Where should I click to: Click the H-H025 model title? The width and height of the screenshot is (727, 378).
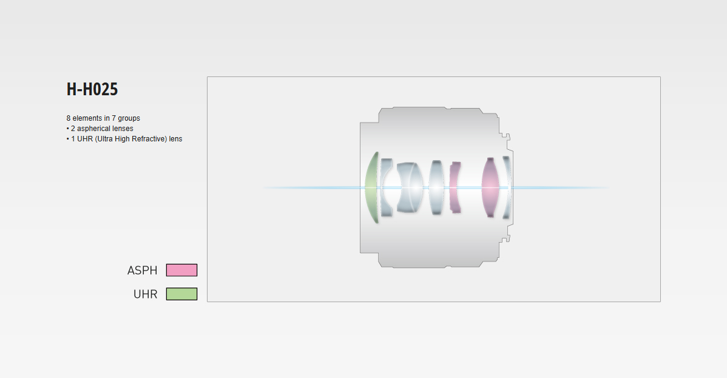point(92,89)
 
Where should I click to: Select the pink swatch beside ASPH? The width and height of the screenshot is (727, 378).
point(182,270)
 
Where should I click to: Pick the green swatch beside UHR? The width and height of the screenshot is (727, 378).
point(182,294)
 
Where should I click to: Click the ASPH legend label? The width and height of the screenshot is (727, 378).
point(143,271)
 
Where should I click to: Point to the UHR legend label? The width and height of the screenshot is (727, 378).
point(146,294)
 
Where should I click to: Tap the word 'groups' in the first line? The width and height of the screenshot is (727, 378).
point(129,118)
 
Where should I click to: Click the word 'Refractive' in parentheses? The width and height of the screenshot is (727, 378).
point(149,139)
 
